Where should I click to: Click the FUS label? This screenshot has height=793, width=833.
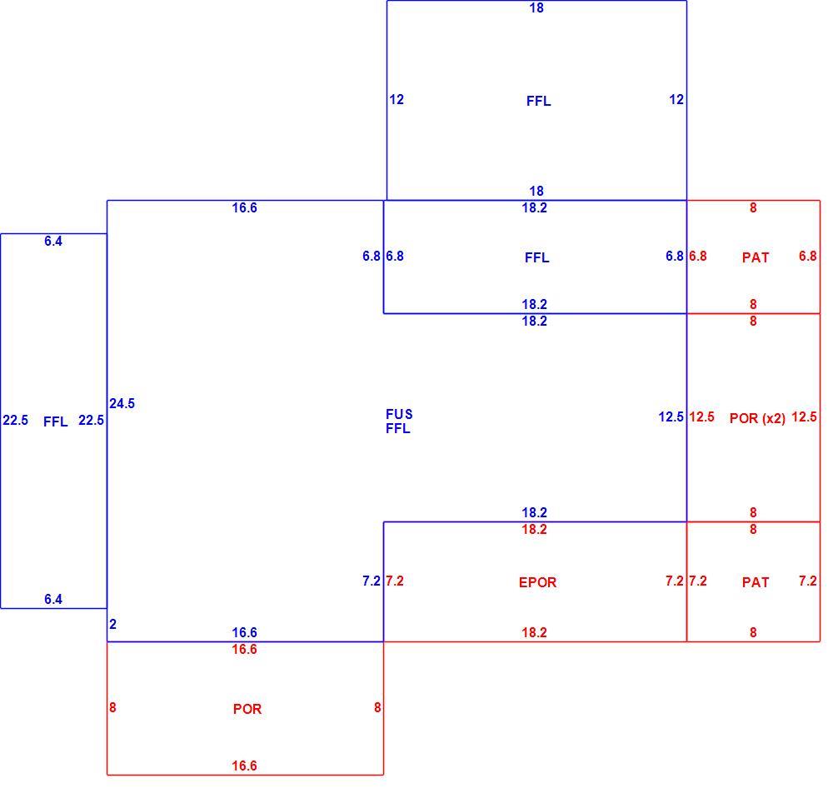tap(399, 414)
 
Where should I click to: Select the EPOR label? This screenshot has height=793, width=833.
tap(537, 582)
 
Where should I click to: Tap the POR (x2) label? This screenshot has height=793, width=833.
tap(757, 418)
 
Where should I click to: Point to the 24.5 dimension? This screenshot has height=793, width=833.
tap(122, 404)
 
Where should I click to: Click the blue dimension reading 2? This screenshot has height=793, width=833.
tap(112, 624)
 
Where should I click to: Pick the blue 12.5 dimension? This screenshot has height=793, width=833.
tap(671, 417)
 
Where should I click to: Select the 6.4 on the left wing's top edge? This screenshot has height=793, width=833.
tap(53, 241)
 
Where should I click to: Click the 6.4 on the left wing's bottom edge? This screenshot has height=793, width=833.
tap(53, 599)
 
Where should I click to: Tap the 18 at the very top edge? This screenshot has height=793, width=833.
tap(536, 8)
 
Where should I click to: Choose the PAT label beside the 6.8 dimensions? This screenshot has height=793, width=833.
tap(756, 257)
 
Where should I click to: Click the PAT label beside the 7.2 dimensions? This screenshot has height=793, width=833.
tap(756, 582)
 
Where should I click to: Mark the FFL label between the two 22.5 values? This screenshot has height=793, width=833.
tap(56, 421)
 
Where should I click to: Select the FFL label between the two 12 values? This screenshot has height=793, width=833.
tap(539, 101)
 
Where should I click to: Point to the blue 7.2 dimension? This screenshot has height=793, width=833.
tap(372, 581)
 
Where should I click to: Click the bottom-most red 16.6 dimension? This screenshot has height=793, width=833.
tap(244, 766)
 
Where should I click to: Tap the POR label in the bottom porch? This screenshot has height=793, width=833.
tap(247, 709)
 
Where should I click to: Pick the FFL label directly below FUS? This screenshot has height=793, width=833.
tap(398, 429)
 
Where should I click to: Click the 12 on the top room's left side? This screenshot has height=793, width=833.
tap(397, 99)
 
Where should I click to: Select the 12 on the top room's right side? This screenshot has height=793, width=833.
tap(676, 99)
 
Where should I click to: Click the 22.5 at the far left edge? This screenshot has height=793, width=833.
tap(15, 420)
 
